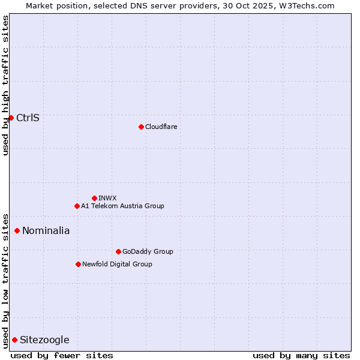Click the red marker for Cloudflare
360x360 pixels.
point(141,127)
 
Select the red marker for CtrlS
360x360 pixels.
point(11,118)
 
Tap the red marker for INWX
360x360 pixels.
point(94,198)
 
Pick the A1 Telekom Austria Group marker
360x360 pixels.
point(77,206)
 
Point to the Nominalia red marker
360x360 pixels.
point(17,230)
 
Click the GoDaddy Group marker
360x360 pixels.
point(118,251)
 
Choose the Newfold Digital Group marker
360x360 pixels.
point(78,264)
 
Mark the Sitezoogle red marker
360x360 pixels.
point(14,340)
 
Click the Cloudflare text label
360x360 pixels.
point(161,127)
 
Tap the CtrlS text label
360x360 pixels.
point(28,118)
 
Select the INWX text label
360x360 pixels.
point(107,198)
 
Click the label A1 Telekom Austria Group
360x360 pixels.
point(122,206)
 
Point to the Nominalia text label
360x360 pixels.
point(46,230)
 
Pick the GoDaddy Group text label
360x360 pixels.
point(148,251)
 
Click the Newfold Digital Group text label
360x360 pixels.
point(117,264)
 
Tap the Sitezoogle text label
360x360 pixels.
point(44,340)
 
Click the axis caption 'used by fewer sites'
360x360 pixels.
point(62,355)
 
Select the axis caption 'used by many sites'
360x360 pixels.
point(301,355)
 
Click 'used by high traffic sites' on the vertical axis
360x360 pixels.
point(5,85)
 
